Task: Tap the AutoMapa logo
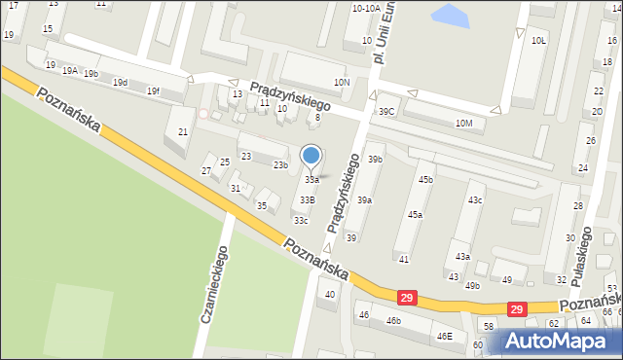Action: click(559, 342)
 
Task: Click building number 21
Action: click(182, 132)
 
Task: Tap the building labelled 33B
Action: click(307, 199)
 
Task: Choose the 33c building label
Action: click(301, 220)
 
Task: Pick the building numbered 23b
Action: click(280, 164)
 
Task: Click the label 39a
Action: click(364, 199)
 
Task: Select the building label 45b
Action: click(425, 179)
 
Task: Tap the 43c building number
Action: click(474, 199)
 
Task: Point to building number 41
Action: click(403, 259)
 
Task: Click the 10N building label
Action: click(341, 83)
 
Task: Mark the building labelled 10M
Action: click(464, 123)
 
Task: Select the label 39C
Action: click(386, 112)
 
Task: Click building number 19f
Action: click(153, 90)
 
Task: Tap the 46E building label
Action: click(444, 336)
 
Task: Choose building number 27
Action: click(206, 171)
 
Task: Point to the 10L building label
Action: click(538, 41)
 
